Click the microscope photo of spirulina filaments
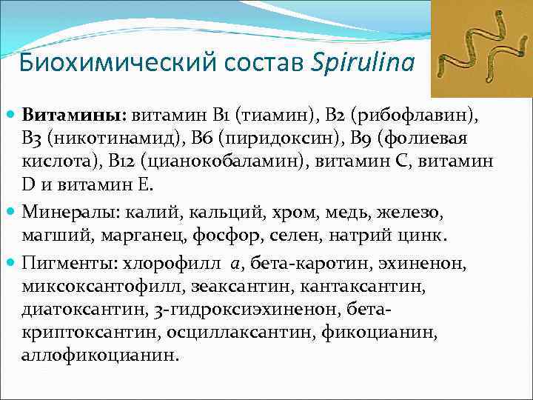coord(480,51)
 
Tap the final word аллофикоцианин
coord(100,356)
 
